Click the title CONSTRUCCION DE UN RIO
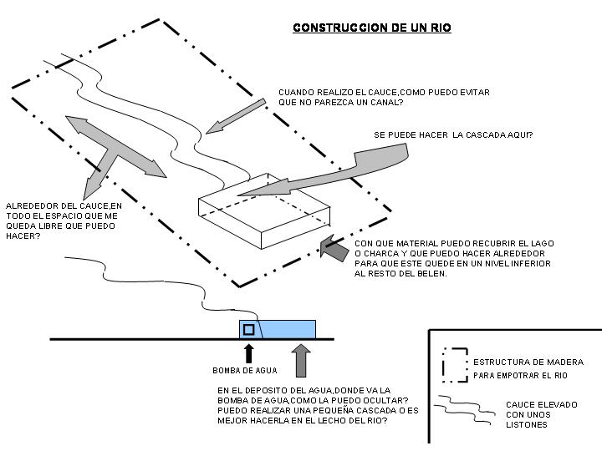click(x=372, y=28)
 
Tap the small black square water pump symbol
click(x=247, y=329)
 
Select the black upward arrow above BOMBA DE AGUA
click(x=248, y=351)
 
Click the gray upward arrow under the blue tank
click(x=301, y=360)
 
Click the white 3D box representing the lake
click(x=263, y=213)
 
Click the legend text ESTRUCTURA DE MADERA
click(x=528, y=362)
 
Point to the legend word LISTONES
click(x=527, y=424)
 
